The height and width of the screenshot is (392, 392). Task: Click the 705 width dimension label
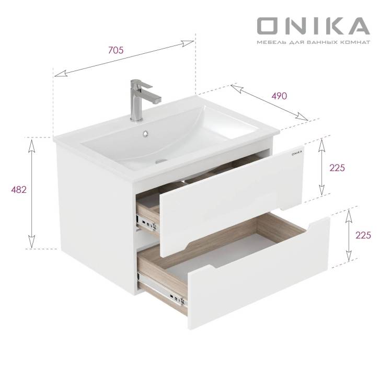click(116, 50)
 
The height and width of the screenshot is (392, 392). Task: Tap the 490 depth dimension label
click(279, 96)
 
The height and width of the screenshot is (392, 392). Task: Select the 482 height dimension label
click(19, 190)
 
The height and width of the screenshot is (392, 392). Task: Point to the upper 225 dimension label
click(337, 168)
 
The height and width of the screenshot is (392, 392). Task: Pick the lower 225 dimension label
click(363, 235)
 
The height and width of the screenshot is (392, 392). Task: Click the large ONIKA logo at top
click(314, 26)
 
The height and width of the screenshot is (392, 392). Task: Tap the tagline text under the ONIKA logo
click(314, 42)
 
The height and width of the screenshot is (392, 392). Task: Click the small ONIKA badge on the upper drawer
click(297, 153)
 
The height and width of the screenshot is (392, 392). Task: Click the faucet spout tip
click(157, 100)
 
